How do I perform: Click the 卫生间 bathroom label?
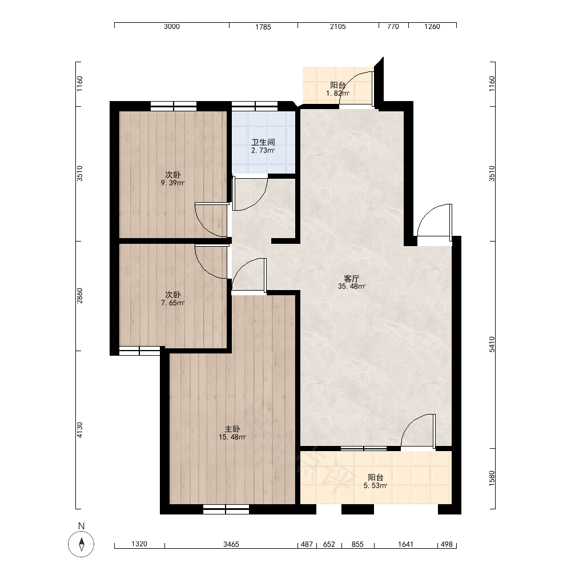[x=263, y=142]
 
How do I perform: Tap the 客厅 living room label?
[x=351, y=279]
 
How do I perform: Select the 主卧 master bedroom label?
[x=232, y=429]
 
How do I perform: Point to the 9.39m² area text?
[x=172, y=183]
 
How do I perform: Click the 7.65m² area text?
[x=172, y=303]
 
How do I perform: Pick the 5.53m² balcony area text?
[x=375, y=485]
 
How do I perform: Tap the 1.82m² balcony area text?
[x=337, y=93]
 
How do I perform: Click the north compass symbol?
[x=81, y=544]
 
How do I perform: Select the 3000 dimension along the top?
[x=171, y=26]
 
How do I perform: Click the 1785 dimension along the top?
[x=263, y=27]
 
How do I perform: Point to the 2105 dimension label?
[x=337, y=26]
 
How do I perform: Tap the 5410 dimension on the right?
[x=492, y=344]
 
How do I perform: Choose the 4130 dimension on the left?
[x=80, y=430]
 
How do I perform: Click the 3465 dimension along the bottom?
[x=231, y=544]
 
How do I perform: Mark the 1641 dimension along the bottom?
[x=405, y=544]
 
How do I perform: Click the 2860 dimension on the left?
[x=80, y=296]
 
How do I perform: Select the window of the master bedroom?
[x=226, y=509]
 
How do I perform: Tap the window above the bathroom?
[x=255, y=106]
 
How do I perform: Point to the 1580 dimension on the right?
[x=492, y=478]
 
